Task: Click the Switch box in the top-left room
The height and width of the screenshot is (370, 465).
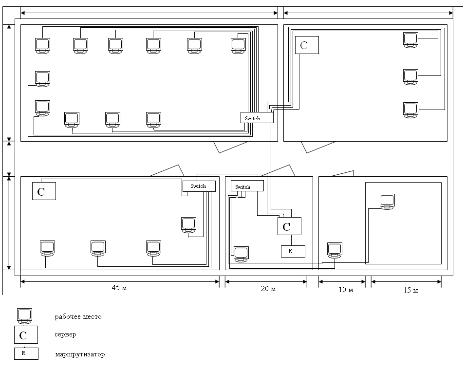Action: click(x=257, y=118)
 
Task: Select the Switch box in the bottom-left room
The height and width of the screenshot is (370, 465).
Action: click(x=198, y=186)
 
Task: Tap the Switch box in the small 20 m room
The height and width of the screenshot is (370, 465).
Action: click(x=249, y=186)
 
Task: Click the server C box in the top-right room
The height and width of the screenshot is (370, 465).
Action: click(x=307, y=45)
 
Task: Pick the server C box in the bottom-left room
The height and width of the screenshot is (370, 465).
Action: click(x=44, y=191)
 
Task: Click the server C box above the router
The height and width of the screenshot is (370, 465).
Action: click(x=289, y=226)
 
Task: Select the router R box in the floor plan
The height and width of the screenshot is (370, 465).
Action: click(x=293, y=251)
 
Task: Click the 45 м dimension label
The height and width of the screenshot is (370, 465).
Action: click(x=119, y=288)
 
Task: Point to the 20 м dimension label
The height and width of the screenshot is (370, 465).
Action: click(x=268, y=290)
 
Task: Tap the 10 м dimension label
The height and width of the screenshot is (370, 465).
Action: click(x=345, y=290)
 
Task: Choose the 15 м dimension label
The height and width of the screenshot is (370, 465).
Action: click(x=410, y=291)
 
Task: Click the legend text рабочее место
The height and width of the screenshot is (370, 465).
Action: click(x=78, y=317)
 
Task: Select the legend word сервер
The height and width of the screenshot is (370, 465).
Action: click(x=66, y=335)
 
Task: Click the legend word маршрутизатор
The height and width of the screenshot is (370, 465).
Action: click(x=79, y=354)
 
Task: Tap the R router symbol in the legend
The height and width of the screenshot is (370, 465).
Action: click(x=26, y=353)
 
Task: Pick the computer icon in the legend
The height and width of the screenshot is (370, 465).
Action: click(x=24, y=316)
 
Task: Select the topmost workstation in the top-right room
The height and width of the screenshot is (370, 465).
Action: click(x=410, y=39)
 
